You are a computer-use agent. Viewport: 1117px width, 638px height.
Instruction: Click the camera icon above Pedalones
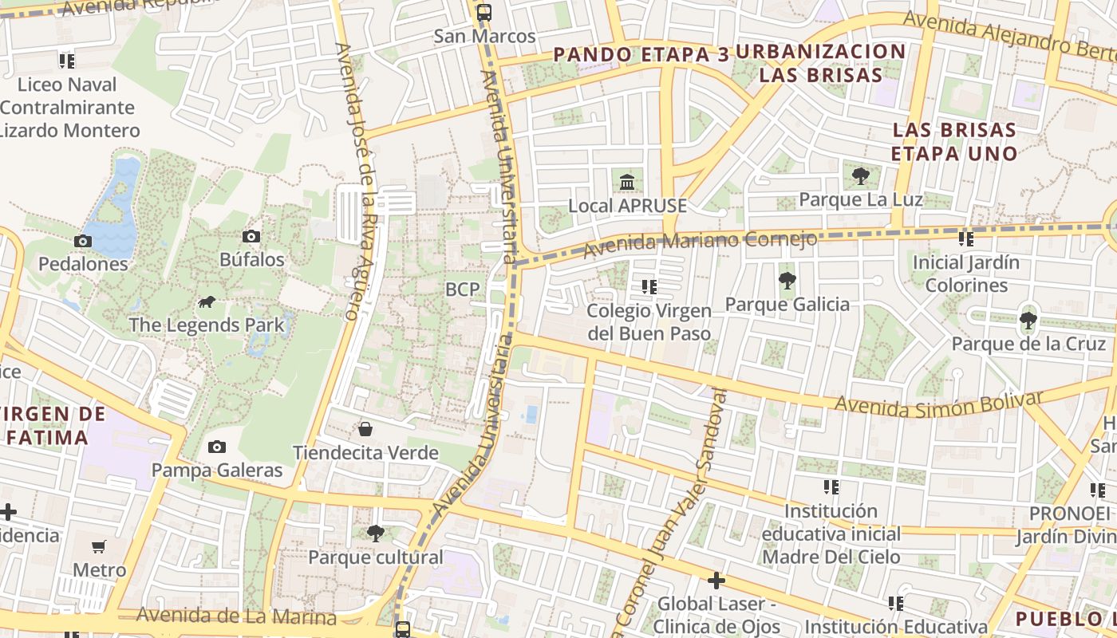point(82,241)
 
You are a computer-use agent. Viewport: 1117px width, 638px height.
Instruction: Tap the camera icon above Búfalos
point(251,237)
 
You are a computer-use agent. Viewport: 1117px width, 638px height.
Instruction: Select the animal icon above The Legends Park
point(207,301)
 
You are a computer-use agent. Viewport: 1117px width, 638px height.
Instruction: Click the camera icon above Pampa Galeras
point(216,447)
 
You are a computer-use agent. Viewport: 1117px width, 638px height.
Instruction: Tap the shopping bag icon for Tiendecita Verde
point(365,429)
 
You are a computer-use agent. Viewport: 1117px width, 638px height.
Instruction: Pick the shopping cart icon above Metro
point(99,546)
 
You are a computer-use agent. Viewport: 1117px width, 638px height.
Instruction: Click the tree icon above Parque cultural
point(375,533)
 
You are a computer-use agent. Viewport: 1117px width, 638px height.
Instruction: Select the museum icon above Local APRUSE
point(627,182)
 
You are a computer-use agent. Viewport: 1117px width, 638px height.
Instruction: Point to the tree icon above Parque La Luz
point(860,175)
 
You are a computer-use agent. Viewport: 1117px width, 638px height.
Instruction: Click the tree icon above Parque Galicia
point(787,280)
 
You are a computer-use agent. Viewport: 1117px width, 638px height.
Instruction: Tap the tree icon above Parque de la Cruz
point(1028,321)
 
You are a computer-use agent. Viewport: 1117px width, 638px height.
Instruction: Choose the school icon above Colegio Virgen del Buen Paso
point(649,286)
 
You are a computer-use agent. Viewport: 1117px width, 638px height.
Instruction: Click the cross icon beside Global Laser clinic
point(716,581)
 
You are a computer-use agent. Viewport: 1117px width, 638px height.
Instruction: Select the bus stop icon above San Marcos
point(484,12)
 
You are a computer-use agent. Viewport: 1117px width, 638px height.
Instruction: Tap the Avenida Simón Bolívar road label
point(939,404)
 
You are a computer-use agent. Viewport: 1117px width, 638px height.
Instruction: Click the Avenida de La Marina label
point(236,616)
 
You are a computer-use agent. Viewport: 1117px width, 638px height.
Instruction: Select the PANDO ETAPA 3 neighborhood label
point(641,54)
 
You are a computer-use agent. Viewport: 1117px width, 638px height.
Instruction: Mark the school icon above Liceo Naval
point(67,61)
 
